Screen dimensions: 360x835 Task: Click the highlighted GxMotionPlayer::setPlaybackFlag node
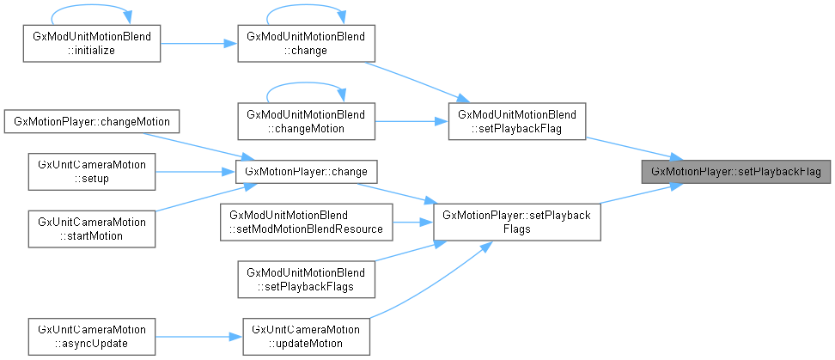[735, 171]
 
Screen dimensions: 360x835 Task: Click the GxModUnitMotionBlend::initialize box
[91, 44]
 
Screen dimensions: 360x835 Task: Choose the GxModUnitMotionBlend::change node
[305, 44]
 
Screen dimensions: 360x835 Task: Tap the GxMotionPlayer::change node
[305, 171]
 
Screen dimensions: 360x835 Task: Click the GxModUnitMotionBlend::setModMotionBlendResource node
[305, 221]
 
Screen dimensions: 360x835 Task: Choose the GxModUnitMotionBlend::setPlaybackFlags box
[305, 279]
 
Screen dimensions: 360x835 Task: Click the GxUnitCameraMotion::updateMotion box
[305, 336]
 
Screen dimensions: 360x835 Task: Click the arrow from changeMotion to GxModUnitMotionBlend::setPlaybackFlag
[410, 121]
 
